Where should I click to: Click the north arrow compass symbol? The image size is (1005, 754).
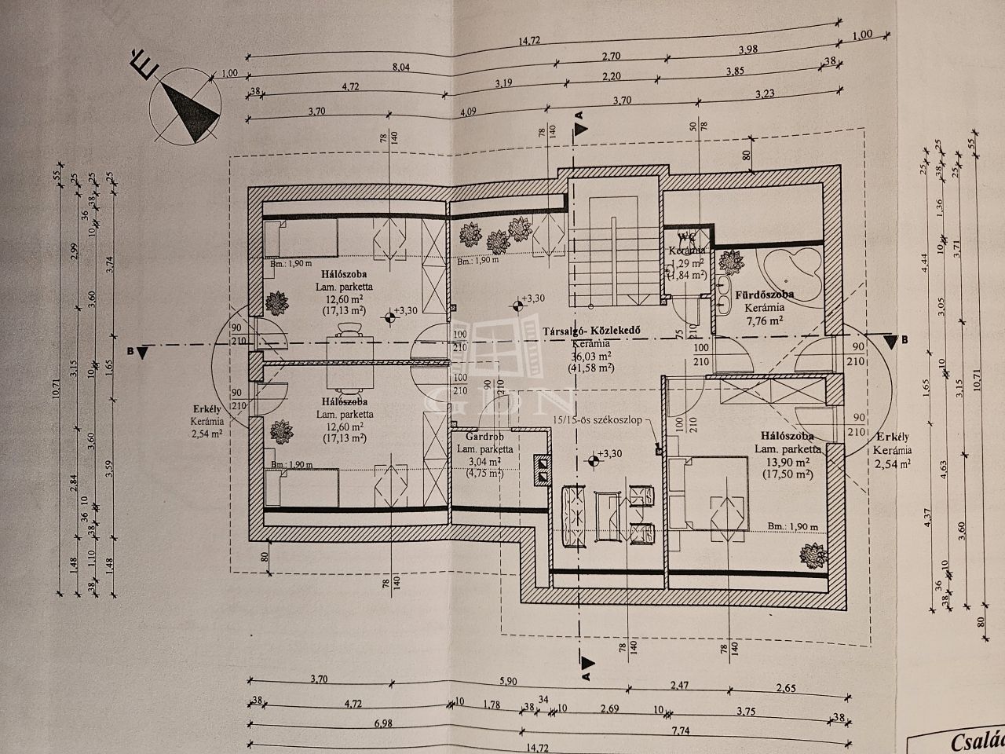186,108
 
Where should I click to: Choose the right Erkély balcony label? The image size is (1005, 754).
893,437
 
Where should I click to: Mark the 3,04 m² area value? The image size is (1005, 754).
485,462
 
